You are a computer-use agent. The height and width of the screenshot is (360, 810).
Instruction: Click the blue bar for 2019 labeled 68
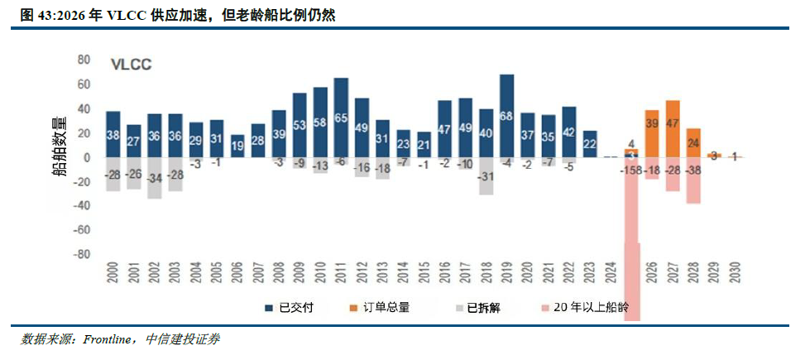coord(507,115)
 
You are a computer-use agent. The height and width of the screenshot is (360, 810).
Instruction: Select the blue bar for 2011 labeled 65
coord(341,118)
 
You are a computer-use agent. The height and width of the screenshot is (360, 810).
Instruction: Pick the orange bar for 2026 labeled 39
coord(652,133)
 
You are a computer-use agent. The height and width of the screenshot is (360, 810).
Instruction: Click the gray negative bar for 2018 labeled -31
coord(486,176)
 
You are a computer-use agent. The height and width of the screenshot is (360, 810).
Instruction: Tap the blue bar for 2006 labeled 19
coord(237,146)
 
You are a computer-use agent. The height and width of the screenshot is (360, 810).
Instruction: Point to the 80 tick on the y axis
coord(83,60)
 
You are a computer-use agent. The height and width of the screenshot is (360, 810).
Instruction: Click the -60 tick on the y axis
coord(80,231)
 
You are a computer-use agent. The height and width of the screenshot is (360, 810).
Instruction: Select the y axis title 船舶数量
coord(60,147)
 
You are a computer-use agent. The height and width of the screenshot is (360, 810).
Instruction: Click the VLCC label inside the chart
coord(132,64)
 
